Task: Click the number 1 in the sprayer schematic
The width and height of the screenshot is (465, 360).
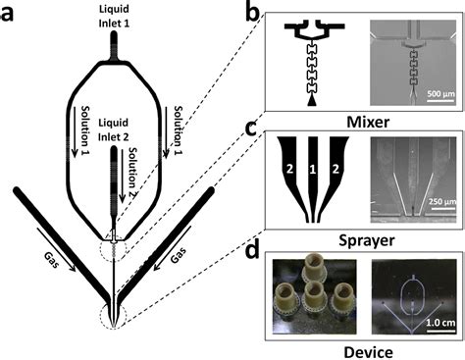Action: [312, 174]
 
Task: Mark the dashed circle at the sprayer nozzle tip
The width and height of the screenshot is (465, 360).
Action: [117, 317]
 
